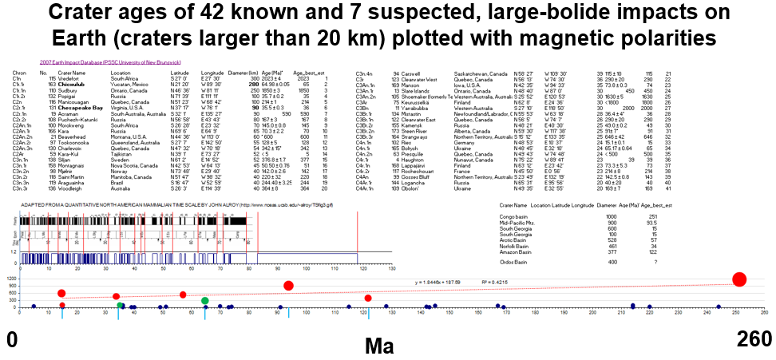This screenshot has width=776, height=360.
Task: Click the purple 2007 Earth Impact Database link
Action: point(110,61)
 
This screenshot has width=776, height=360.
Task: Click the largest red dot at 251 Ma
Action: point(739,279)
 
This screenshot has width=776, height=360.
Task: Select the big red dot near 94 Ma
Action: point(288,286)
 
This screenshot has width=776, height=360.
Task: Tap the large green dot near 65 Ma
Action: point(205,301)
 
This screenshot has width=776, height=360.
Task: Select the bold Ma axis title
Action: point(379,346)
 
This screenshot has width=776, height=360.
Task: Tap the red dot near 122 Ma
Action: point(368,299)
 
